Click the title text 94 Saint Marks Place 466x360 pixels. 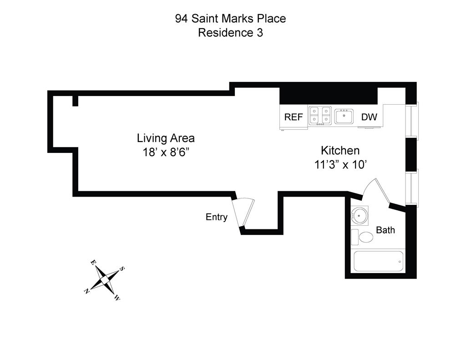click(x=230, y=19)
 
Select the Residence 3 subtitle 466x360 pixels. click(x=230, y=33)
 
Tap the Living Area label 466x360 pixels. click(x=166, y=138)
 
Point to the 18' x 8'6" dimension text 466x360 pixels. click(x=166, y=152)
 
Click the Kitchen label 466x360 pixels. click(x=340, y=151)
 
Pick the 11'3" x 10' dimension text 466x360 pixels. click(x=340, y=165)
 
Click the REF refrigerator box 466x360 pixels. click(x=294, y=117)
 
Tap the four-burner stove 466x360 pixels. click(x=320, y=116)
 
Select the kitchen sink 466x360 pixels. click(x=344, y=117)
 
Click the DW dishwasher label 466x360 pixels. click(x=369, y=117)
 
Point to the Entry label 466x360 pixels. click(x=217, y=217)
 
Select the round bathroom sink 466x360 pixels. click(x=360, y=215)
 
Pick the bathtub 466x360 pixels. click(x=379, y=261)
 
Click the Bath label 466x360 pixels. click(x=385, y=230)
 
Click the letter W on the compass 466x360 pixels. click(x=117, y=298)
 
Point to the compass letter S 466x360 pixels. click(x=122, y=269)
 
